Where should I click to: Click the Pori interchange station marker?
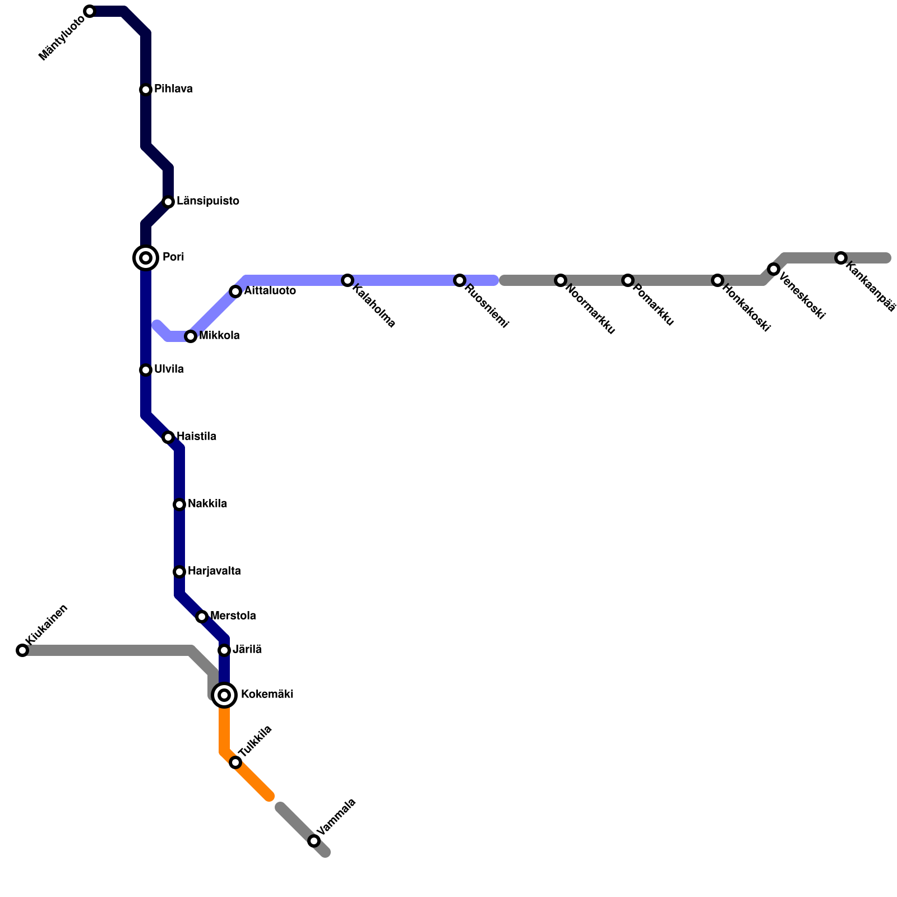pos(146,258)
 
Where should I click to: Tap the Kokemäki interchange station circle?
pos(224,695)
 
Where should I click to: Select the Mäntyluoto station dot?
pos(90,11)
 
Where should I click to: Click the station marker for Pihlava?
pos(146,90)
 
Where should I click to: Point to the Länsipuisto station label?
pos(208,201)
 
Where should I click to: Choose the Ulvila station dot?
pos(146,370)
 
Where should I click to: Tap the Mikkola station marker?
pos(191,336)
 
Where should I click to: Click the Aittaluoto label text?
pos(270,291)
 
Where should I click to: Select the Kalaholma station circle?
pos(348,280)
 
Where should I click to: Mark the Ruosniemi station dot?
pos(460,280)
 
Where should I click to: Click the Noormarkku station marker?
pos(561,280)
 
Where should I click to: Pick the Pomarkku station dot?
pos(628,280)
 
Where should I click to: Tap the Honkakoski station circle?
pos(718,280)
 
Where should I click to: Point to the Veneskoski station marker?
pos(774,269)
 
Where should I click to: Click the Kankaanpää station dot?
pos(841,258)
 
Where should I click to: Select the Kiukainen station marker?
pos(22,650)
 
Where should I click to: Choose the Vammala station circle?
pos(314,841)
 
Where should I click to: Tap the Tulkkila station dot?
pos(235,762)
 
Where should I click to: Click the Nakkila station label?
pos(207,504)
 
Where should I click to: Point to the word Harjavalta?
pos(214,571)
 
